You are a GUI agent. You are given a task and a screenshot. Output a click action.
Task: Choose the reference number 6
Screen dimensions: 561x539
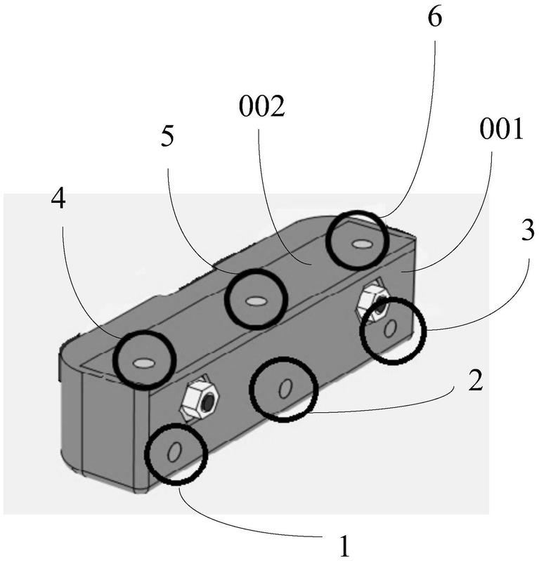pos(435,18)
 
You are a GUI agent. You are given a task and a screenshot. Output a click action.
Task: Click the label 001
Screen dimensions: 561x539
pos(502,130)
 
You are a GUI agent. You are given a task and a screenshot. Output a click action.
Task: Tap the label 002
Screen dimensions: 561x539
pos(261,109)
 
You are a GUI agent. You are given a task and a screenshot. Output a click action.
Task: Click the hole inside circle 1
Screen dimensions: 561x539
pos(174,452)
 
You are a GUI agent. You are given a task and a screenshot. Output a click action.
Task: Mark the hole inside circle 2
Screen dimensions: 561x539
pos(285,388)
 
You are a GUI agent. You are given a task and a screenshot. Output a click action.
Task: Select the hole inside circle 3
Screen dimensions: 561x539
pos(391,326)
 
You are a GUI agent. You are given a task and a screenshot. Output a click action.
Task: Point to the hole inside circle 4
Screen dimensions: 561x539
pos(143,363)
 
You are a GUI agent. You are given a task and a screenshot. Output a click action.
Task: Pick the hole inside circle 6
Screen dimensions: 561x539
pos(361,244)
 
